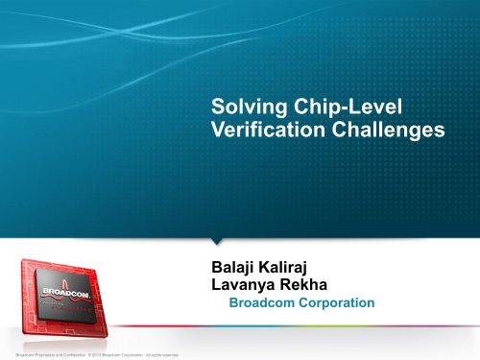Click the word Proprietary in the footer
[x=42, y=355]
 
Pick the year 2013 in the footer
[x=103, y=355]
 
